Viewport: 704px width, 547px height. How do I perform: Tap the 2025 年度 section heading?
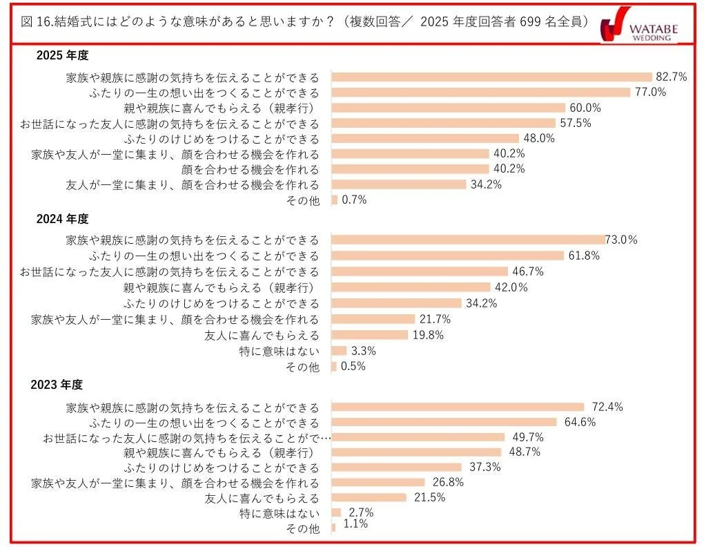[63, 56]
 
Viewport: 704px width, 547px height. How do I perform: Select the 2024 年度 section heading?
[63, 219]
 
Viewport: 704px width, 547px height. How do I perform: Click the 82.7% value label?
[671, 77]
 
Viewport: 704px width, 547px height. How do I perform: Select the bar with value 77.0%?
[481, 93]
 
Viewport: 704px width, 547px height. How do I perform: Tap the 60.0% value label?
[585, 108]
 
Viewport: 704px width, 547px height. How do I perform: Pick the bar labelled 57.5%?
[443, 123]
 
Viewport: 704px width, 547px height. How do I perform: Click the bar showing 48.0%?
[425, 138]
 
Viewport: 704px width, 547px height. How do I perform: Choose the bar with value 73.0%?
[468, 240]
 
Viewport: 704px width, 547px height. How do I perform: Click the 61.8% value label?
[583, 256]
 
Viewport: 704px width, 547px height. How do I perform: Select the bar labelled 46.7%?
[420, 271]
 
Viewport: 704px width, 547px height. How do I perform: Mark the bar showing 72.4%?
[458, 407]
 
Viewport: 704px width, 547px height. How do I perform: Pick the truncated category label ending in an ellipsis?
[187, 438]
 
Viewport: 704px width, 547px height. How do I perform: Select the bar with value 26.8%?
[378, 483]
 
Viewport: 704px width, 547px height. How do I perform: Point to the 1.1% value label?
[355, 524]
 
